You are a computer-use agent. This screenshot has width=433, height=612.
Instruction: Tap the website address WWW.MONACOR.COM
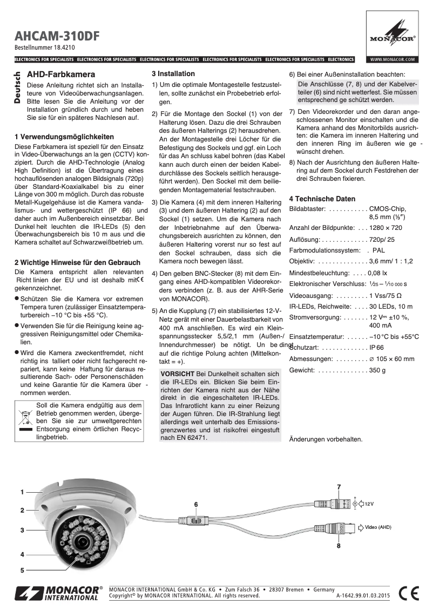tap(392, 59)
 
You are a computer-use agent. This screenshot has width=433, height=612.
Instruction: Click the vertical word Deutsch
tap(17, 88)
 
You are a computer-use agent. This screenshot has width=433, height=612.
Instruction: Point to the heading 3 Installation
tap(173, 73)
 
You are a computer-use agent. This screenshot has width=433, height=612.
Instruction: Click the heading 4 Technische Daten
tap(322, 199)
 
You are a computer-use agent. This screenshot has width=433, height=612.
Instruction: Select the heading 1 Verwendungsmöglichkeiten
tap(64, 137)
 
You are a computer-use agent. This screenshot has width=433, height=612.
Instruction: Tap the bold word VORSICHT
tap(178, 374)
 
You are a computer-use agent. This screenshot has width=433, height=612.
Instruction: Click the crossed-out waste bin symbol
tap(26, 416)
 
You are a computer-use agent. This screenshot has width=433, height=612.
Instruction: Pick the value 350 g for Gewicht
tap(377, 370)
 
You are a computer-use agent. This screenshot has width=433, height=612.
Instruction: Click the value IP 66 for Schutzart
tap(376, 348)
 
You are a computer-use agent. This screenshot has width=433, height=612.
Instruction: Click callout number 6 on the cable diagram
tap(196, 504)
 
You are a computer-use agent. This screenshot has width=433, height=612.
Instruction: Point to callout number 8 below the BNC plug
tap(339, 546)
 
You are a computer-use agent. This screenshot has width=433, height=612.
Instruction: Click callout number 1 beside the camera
tap(23, 492)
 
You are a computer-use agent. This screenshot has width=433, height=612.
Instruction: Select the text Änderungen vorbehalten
tap(326, 439)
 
